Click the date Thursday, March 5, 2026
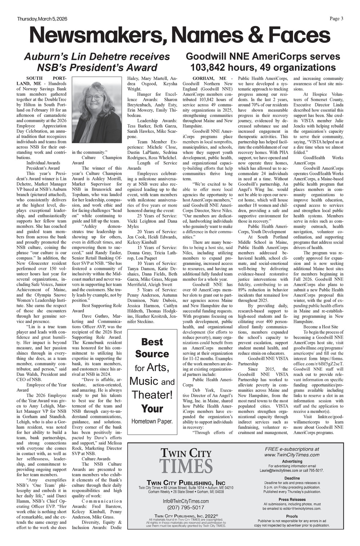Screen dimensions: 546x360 (x=42, y=19)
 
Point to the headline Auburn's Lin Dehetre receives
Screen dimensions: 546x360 (x=97, y=57)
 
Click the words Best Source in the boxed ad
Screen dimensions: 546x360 (x=152, y=348)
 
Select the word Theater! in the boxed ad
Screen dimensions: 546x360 (x=152, y=394)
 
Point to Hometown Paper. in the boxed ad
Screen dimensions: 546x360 (x=152, y=421)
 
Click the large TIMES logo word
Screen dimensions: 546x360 (x=186, y=465)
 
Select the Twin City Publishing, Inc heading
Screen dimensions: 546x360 (x=186, y=482)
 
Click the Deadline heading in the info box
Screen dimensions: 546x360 (x=292, y=478)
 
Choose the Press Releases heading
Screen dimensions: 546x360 (x=292, y=500)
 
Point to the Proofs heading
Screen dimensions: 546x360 (x=292, y=516)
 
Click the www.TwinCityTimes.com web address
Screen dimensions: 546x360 (x=292, y=455)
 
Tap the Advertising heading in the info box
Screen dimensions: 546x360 (x=292, y=461)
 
